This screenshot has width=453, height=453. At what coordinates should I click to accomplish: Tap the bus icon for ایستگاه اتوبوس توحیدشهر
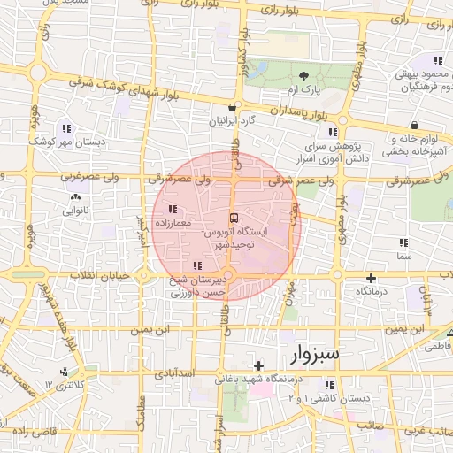coord(234,218)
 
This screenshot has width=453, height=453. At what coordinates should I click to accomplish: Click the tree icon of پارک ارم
coord(305,77)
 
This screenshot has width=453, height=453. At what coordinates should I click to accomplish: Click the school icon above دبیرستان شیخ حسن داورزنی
coord(196,265)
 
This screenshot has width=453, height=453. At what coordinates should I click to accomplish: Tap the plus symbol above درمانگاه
coord(372,277)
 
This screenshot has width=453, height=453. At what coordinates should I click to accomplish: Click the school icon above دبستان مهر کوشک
coord(66,128)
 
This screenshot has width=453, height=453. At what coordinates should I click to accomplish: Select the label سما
coord(404,255)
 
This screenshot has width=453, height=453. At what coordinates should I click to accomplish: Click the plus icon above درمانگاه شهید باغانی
coord(258,365)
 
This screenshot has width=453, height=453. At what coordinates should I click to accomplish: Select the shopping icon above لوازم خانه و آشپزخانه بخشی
coord(416,125)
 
